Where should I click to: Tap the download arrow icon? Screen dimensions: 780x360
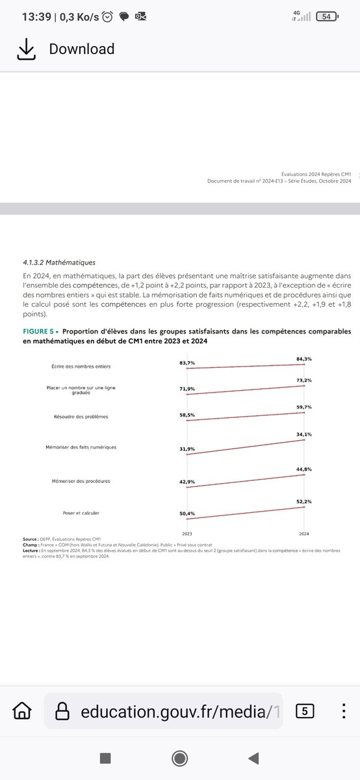click(x=25, y=49)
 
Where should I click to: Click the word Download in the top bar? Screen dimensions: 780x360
click(x=82, y=49)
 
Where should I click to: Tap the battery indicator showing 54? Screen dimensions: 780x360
click(x=327, y=16)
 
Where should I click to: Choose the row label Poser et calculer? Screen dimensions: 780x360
click(x=81, y=513)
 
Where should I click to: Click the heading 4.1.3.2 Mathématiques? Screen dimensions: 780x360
click(x=58, y=263)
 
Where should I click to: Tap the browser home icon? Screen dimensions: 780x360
click(x=21, y=711)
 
